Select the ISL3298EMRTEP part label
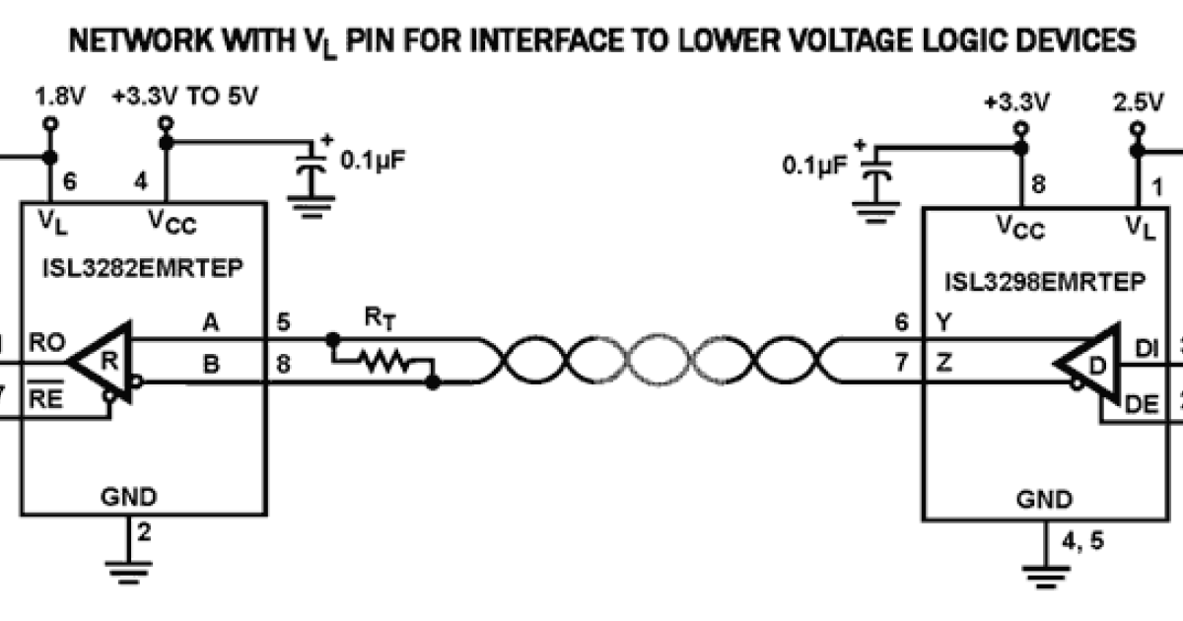pos(1046,282)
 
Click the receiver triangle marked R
pos(107,360)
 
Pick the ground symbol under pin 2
pos(129,568)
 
